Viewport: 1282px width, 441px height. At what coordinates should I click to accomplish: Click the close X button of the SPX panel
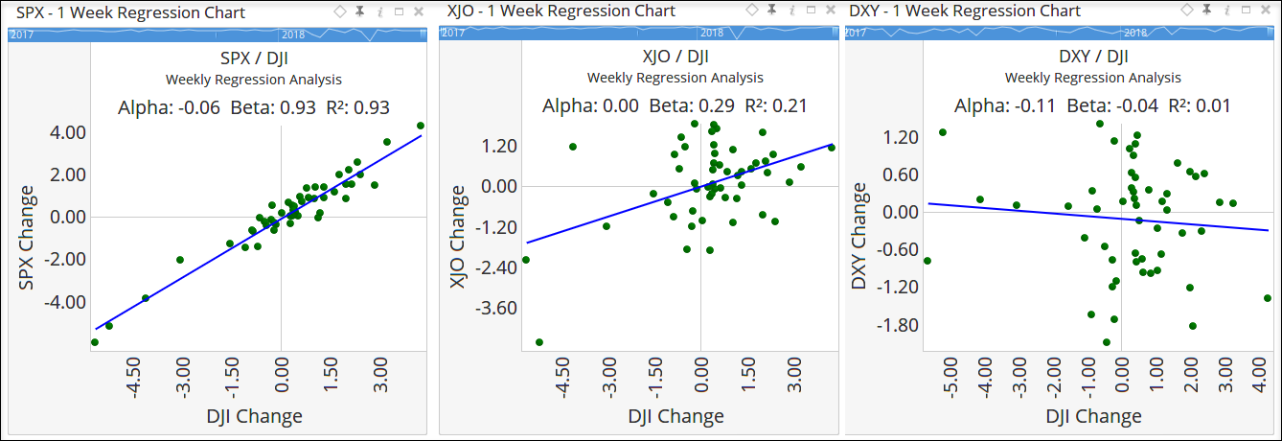click(419, 12)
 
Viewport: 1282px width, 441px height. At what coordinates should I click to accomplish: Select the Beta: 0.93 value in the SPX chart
click(279, 107)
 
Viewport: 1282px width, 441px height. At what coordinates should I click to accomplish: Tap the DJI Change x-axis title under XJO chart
click(675, 416)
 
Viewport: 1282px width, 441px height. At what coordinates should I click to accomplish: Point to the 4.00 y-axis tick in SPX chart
click(62, 131)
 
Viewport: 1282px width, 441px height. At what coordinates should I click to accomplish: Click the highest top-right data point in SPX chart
click(420, 126)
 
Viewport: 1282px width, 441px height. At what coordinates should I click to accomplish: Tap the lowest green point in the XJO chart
click(539, 342)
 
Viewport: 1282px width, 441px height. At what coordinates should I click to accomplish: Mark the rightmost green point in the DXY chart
click(1267, 298)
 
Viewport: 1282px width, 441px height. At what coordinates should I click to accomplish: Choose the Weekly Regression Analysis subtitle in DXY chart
click(1092, 78)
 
